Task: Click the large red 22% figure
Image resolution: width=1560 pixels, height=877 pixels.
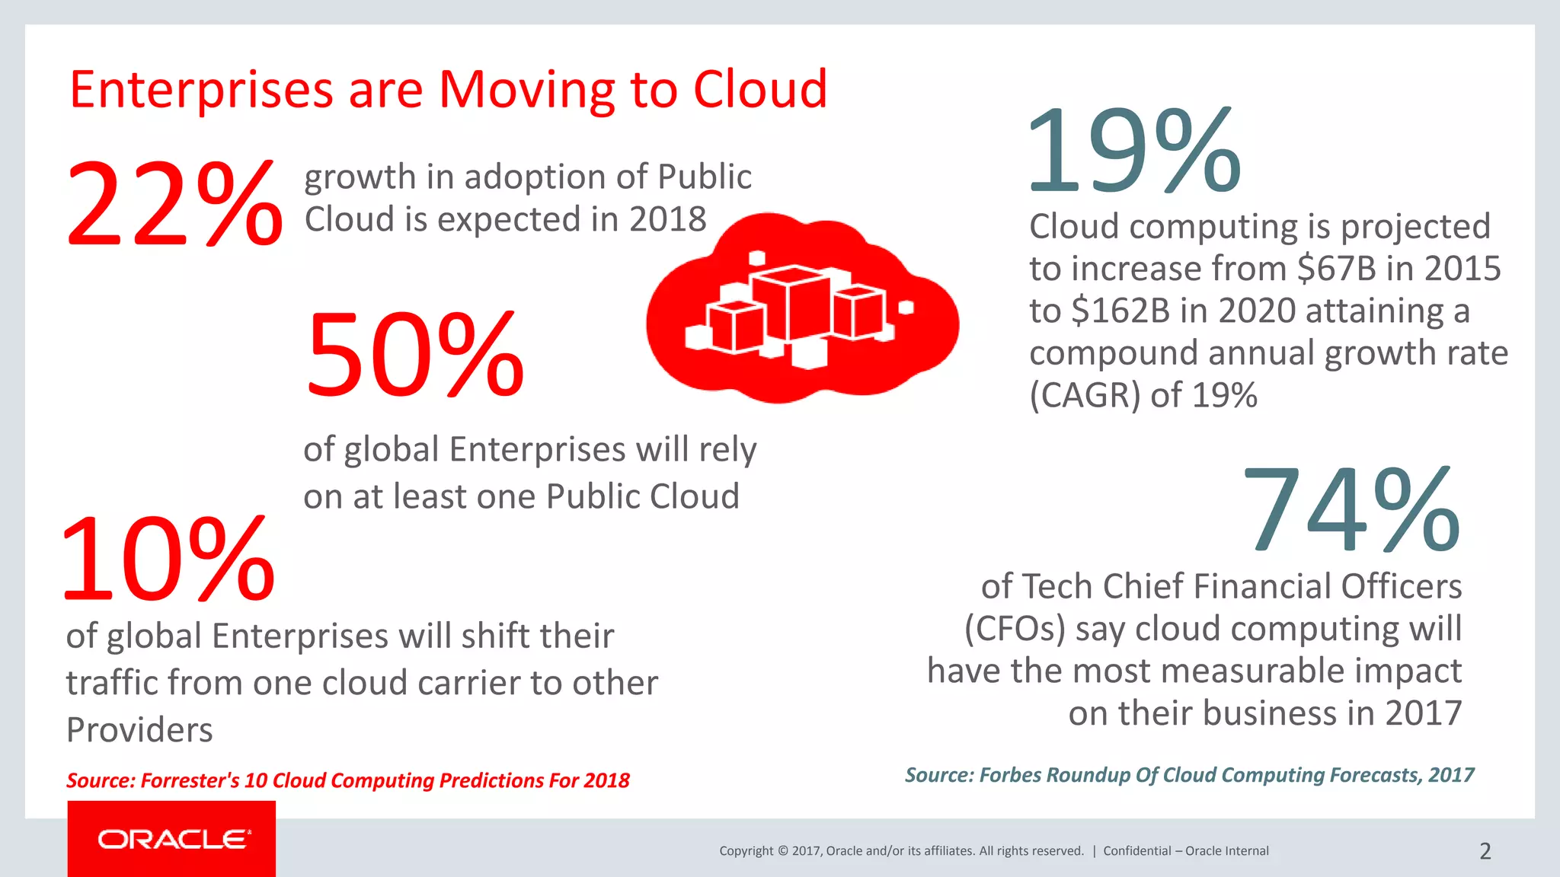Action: click(x=174, y=204)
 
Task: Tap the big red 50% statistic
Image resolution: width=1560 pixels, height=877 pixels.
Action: click(x=415, y=356)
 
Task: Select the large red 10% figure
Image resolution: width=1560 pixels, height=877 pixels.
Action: click(x=168, y=560)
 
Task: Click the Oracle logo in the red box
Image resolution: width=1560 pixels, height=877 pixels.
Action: click(x=173, y=840)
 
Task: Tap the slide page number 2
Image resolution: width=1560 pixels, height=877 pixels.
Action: click(x=1485, y=851)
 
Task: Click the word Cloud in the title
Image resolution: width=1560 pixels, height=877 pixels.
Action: click(x=759, y=90)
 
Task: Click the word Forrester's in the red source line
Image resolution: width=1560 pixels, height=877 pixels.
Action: click(x=190, y=780)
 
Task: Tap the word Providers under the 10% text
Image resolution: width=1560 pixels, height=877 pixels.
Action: click(x=139, y=730)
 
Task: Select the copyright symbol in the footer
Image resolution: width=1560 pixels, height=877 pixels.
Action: click(x=782, y=851)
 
